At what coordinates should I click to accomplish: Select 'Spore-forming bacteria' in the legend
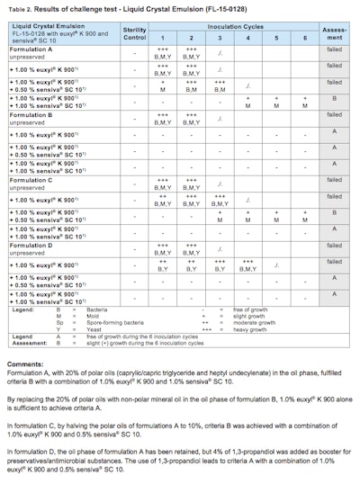(121, 323)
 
